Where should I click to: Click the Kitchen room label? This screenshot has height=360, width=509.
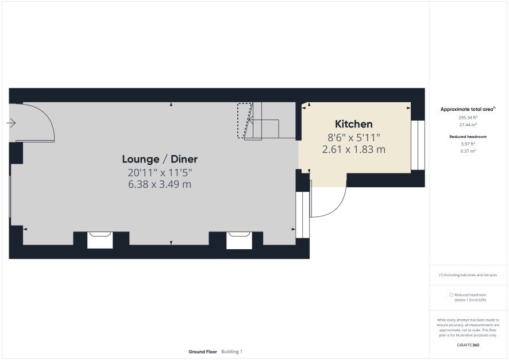(353, 124)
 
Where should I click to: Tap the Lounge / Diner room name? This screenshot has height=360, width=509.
(160, 159)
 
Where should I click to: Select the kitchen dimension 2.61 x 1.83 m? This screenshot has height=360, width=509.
(353, 149)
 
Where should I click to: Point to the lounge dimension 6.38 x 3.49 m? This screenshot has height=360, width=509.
(160, 184)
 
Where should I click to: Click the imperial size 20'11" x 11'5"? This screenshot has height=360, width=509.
(160, 172)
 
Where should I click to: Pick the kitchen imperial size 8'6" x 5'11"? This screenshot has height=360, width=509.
(353, 138)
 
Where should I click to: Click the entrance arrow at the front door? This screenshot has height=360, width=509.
(11, 123)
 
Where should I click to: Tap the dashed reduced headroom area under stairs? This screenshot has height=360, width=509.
(244, 121)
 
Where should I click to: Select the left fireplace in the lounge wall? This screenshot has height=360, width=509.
(100, 241)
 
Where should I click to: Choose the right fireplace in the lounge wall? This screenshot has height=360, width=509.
(239, 241)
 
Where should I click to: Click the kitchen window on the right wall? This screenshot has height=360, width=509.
(418, 145)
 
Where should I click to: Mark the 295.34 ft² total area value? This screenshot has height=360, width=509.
(468, 118)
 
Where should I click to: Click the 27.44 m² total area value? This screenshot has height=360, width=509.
(468, 125)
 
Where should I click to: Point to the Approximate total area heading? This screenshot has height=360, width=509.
(468, 109)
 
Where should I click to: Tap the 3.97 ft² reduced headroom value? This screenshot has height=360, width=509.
(468, 144)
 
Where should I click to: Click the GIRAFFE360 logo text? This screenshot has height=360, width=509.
(468, 345)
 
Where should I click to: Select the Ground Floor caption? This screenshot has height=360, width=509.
(203, 351)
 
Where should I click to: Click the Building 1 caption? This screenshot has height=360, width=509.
(232, 351)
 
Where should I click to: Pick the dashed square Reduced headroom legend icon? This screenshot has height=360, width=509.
(451, 295)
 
